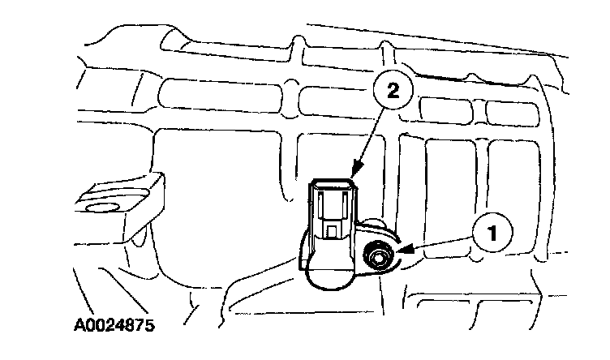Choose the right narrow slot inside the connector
coord(346,203)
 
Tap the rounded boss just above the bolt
coord(375,229)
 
